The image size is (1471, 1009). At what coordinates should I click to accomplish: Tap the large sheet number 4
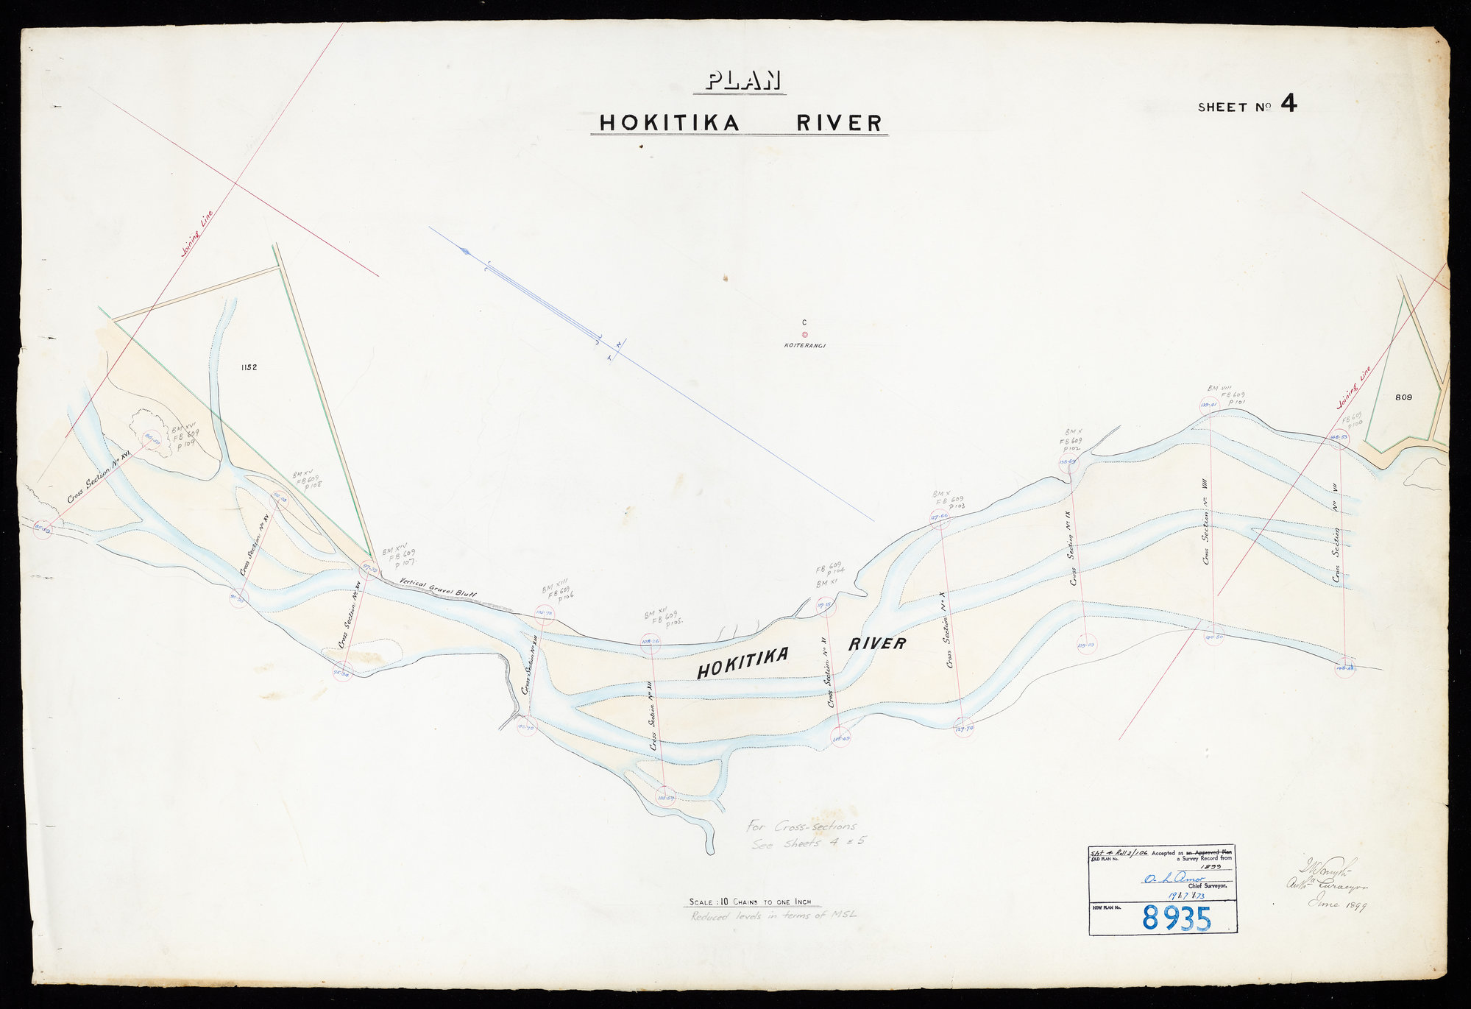point(1288,104)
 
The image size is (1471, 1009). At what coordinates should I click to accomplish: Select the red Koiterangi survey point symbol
point(804,333)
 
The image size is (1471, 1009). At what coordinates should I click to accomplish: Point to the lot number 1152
point(248,367)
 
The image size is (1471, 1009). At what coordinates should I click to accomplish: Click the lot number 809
point(1404,397)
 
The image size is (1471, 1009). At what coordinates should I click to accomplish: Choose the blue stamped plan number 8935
point(1176,918)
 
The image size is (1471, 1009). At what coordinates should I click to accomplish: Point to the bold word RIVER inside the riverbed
point(877,645)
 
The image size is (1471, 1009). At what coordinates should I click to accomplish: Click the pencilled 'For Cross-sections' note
point(801,827)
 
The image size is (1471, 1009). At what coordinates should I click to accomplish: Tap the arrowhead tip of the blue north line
point(464,251)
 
